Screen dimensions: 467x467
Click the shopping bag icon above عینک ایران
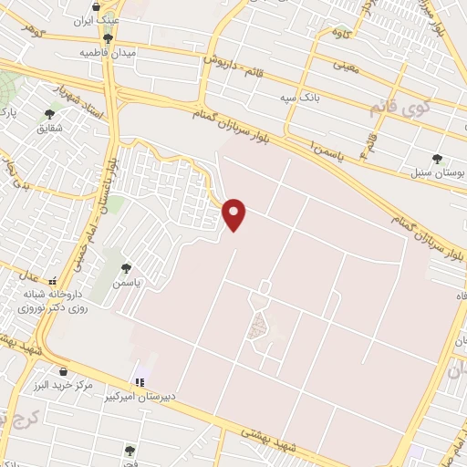[x=109, y=7]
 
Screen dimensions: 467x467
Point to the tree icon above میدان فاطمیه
[x=109, y=38]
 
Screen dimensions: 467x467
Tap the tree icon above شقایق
[x=49, y=115]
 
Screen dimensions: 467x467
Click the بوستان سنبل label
[x=436, y=172]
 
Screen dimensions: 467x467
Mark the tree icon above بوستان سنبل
[x=436, y=158]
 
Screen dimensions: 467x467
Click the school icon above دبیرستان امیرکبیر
[x=139, y=382]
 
